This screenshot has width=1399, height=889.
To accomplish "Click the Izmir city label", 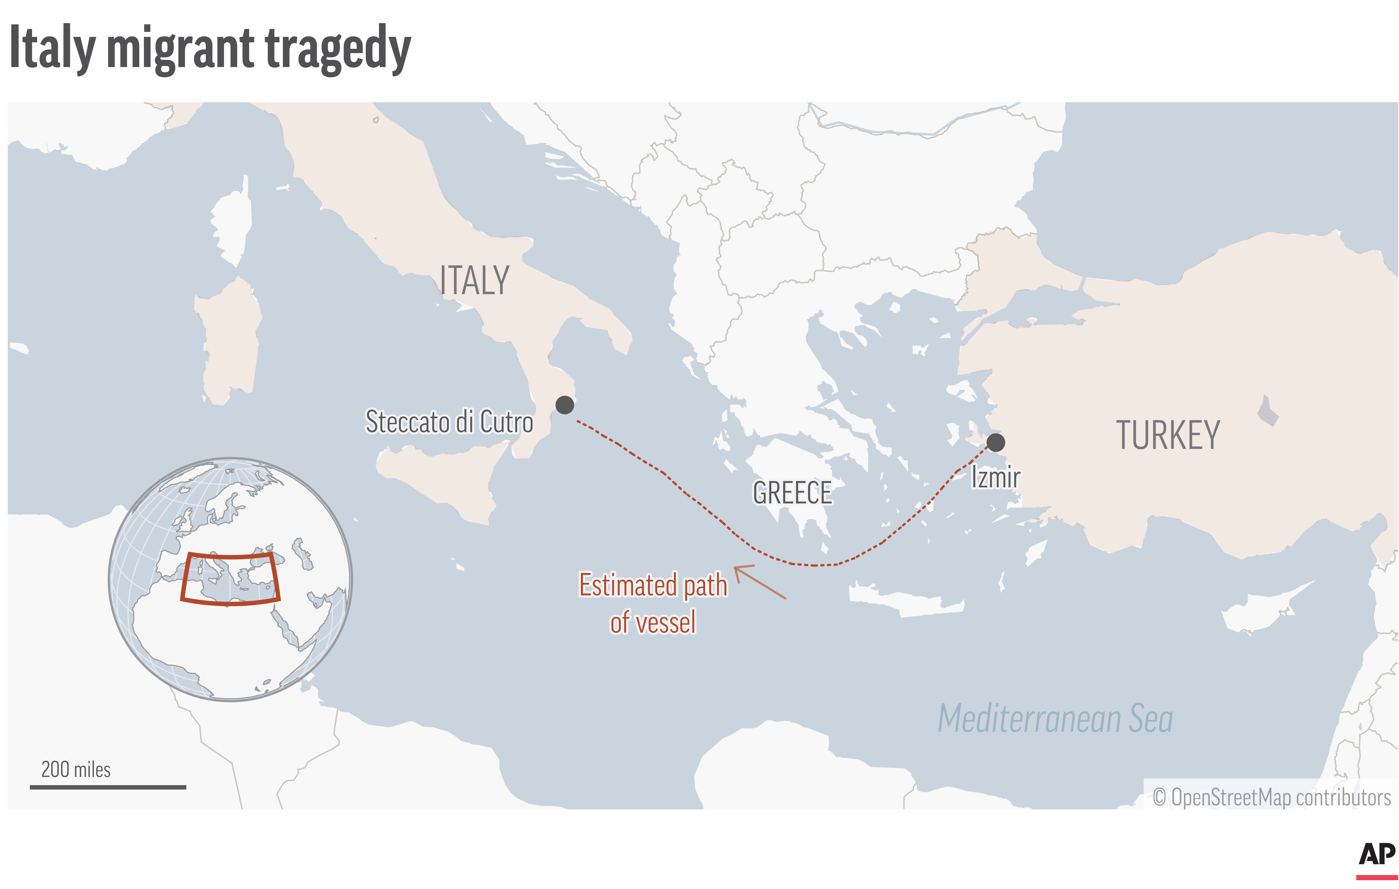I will pyautogui.click(x=996, y=478).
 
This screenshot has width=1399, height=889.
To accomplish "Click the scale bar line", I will pyautogui.click(x=108, y=787).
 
